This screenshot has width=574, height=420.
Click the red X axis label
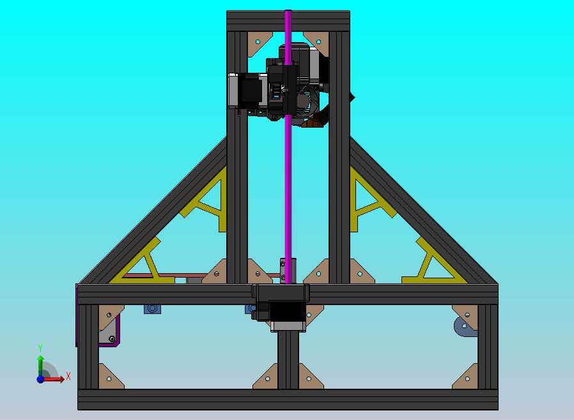(68, 377)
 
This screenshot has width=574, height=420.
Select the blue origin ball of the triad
(41, 379)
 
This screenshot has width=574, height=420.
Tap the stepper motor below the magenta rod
(287, 313)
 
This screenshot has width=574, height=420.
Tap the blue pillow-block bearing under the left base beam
(153, 309)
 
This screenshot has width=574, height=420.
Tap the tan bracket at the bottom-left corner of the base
(109, 377)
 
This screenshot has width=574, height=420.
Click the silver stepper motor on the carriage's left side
(246, 91)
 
